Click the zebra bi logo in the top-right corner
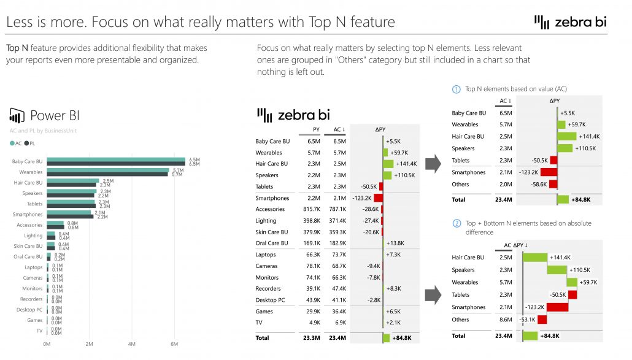[x=571, y=22]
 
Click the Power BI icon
[x=16, y=115]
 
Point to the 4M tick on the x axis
[x=132, y=344]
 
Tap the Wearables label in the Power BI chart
[x=31, y=172]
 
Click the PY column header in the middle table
[x=316, y=129]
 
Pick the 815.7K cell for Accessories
[x=311, y=209]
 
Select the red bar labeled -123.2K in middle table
[x=378, y=198]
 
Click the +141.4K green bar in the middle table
[x=388, y=164]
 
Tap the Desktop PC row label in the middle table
[x=270, y=300]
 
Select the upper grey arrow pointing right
[x=433, y=163]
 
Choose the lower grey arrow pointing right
[x=433, y=294]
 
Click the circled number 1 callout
[x=456, y=90]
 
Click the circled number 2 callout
[x=456, y=223]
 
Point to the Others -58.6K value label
[x=539, y=184]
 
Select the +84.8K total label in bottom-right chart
[x=550, y=335]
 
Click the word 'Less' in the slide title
[x=20, y=23]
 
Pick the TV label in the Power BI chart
[x=39, y=331]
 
